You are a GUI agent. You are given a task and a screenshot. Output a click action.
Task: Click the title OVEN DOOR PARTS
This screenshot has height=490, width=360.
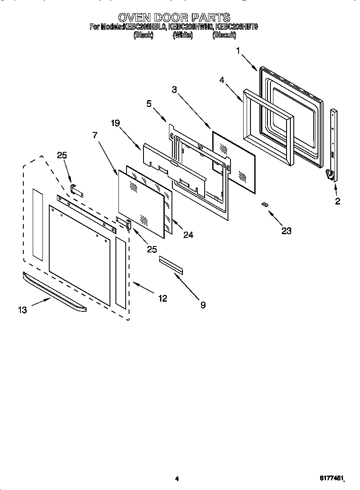174,17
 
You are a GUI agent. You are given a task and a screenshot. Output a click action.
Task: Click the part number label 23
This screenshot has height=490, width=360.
287,231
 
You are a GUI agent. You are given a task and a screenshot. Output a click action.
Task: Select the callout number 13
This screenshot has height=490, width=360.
22,310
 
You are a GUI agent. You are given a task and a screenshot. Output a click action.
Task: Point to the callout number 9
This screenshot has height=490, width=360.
203,305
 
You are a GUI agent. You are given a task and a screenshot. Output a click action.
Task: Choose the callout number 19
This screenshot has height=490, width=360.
115,123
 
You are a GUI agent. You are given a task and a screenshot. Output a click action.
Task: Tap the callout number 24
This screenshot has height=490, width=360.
188,235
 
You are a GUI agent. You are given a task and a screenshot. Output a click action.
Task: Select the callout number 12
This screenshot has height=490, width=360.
162,299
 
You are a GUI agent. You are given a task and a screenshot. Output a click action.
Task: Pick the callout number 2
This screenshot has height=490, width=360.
337,202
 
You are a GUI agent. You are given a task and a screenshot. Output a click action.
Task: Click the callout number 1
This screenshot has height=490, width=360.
238,50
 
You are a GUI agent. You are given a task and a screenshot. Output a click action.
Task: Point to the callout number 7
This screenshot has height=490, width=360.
95,135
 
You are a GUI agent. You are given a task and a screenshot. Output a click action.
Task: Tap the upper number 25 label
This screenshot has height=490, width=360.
62,155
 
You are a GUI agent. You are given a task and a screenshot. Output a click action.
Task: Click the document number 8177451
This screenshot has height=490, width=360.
331,479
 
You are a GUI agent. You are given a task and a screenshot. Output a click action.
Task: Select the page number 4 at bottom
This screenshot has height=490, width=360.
177,479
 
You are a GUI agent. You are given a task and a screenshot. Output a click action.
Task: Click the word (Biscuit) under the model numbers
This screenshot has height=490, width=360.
224,36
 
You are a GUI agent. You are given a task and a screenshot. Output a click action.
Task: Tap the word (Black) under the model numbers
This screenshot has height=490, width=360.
143,36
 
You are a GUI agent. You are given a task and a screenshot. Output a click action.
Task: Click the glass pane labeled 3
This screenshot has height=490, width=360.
233,161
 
